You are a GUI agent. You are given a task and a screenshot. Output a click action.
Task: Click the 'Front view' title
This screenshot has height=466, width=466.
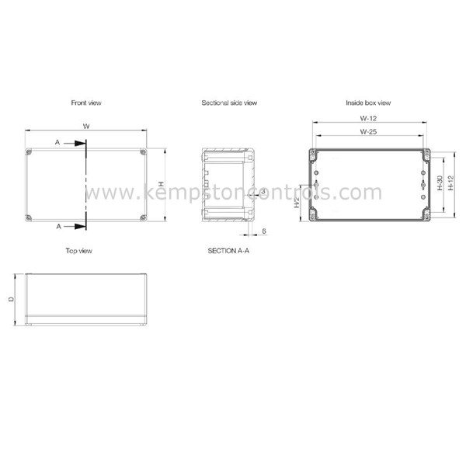[85, 103]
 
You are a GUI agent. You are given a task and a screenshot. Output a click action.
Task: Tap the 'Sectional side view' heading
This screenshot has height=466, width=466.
[229, 103]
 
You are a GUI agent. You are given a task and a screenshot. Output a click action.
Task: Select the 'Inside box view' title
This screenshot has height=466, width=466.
[368, 103]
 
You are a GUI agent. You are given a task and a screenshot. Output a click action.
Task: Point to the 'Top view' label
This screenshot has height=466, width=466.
[79, 251]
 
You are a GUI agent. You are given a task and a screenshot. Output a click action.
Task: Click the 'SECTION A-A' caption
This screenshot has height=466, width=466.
[228, 251]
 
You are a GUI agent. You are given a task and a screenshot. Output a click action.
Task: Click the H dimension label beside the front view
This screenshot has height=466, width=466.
[160, 184]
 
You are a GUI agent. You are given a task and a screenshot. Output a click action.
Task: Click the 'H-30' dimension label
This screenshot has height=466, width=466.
[440, 184]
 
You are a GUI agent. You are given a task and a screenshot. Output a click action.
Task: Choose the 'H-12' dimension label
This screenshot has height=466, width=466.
[450, 184]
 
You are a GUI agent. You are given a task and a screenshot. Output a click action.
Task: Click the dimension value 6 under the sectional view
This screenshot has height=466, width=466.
[264, 231]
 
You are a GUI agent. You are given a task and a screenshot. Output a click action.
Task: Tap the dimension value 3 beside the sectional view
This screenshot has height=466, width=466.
[264, 191]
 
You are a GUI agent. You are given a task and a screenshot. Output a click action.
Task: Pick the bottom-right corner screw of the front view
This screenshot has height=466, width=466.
[143, 217]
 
